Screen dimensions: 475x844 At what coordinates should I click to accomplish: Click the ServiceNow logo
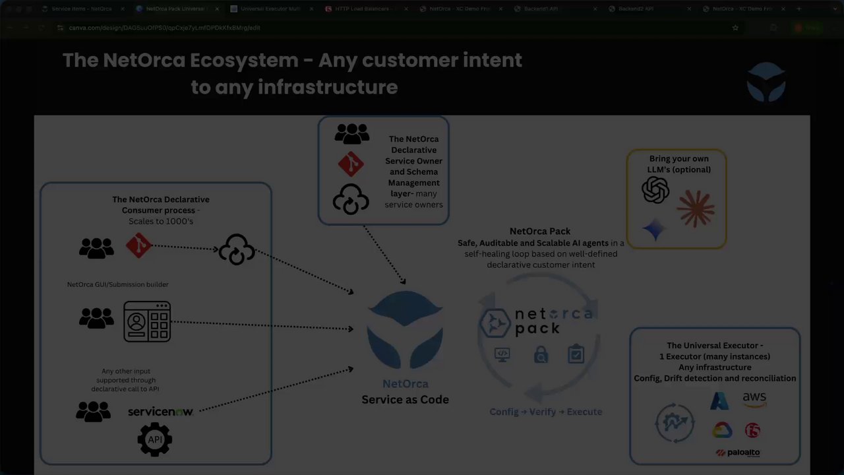click(x=160, y=412)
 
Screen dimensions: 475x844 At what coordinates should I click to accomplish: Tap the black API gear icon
click(x=155, y=439)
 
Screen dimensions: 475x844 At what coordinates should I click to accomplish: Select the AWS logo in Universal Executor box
click(x=754, y=399)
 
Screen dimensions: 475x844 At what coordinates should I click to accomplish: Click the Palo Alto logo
click(x=738, y=453)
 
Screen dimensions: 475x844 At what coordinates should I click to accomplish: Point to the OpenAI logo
click(x=655, y=191)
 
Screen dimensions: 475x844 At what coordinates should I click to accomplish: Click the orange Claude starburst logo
click(x=696, y=208)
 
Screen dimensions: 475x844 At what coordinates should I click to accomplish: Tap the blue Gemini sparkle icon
click(x=654, y=230)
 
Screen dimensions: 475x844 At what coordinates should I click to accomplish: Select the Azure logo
click(x=719, y=400)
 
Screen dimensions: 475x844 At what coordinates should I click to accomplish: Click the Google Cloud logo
click(x=722, y=431)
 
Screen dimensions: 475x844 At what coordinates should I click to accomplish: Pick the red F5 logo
click(x=752, y=431)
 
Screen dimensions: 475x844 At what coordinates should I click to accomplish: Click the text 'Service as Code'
click(x=405, y=399)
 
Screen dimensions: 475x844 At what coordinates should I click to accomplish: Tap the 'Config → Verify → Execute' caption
click(x=545, y=412)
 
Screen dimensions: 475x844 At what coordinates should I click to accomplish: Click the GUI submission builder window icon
click(x=147, y=322)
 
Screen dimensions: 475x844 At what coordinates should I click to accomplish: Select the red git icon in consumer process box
click(x=138, y=245)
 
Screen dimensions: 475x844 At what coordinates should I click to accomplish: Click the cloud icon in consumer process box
click(x=237, y=250)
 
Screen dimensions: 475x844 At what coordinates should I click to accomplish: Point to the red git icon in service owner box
click(x=351, y=164)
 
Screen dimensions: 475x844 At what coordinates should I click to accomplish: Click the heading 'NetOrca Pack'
click(x=540, y=231)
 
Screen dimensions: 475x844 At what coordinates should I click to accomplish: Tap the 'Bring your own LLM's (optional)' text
click(x=679, y=164)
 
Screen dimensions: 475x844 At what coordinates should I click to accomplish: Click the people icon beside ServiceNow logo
click(x=94, y=412)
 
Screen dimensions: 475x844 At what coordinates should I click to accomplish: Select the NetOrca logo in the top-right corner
click(x=766, y=82)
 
